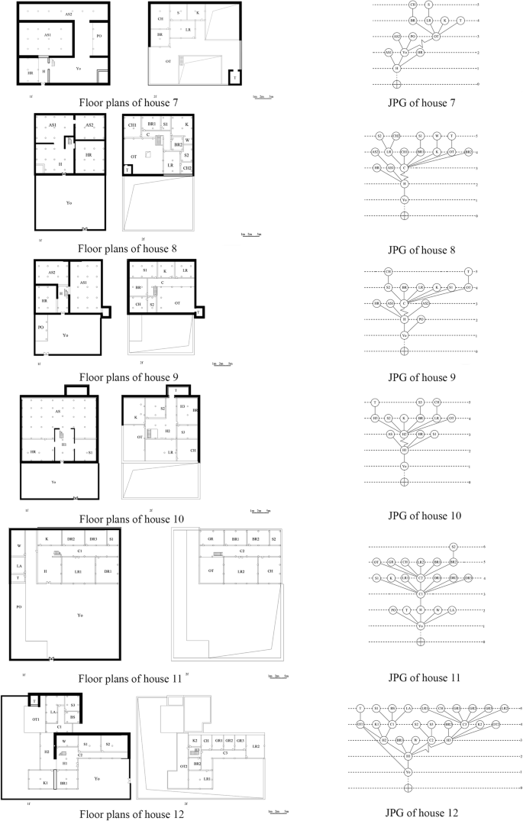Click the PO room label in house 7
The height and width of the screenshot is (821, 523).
pyautogui.click(x=98, y=35)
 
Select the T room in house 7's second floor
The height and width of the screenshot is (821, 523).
pyautogui.click(x=234, y=77)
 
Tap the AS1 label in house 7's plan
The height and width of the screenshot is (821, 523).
pyautogui.click(x=47, y=35)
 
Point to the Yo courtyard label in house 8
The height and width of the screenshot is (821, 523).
pyautogui.click(x=68, y=203)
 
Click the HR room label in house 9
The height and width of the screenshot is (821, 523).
pyautogui.click(x=45, y=301)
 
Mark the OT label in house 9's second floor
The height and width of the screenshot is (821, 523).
pyautogui.click(x=177, y=302)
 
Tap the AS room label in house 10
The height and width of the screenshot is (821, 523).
pyautogui.click(x=58, y=411)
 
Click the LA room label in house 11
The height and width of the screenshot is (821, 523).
pyautogui.click(x=18, y=566)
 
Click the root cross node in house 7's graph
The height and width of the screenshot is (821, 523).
pyautogui.click(x=395, y=84)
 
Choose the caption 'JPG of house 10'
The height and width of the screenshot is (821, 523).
pyautogui.click(x=424, y=516)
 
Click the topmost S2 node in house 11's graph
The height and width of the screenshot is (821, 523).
pyautogui.click(x=453, y=547)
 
